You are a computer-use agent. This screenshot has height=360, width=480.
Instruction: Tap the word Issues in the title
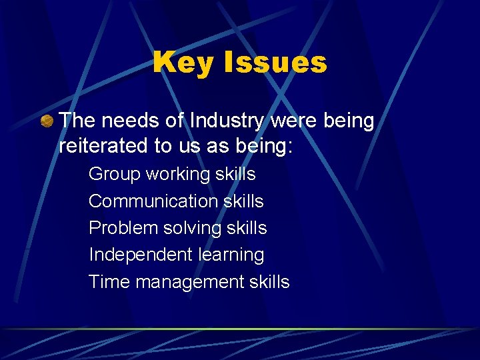tap(276, 63)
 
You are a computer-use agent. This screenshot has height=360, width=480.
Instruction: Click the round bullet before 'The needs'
tap(47, 122)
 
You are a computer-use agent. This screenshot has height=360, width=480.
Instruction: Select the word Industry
tap(229, 121)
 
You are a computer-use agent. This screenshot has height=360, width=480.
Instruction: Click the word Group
tap(115, 174)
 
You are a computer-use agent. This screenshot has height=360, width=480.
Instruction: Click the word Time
tap(109, 281)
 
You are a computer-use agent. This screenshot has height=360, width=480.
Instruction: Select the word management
tap(189, 281)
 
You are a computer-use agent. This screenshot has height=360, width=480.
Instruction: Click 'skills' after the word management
tap(269, 281)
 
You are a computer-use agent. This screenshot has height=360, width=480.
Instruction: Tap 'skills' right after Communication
tap(243, 201)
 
